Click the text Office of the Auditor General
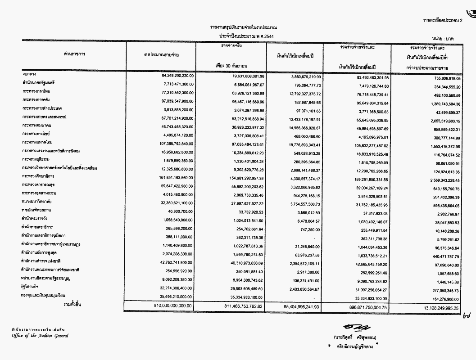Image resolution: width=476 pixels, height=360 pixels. click(41, 336)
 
